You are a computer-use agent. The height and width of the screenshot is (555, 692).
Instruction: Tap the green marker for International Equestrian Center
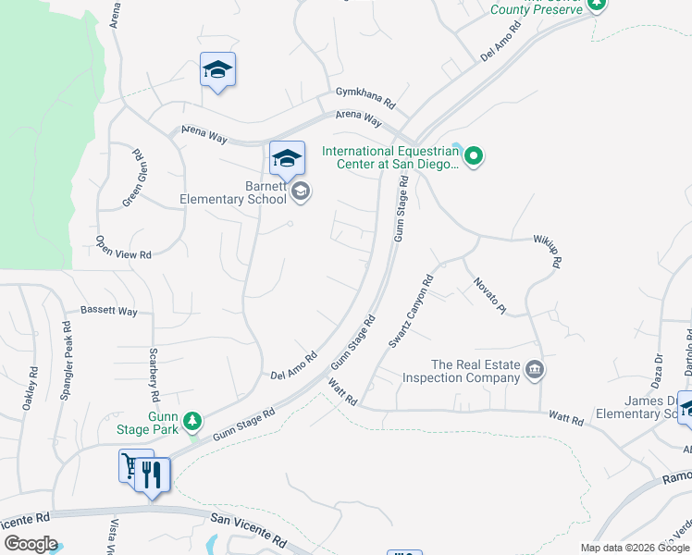tap(474, 155)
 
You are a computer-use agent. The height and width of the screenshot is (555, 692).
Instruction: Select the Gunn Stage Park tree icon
tap(192, 422)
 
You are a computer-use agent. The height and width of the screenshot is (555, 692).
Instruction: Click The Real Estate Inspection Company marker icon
tap(534, 371)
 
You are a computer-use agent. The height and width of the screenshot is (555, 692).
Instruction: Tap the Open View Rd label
tap(123, 245)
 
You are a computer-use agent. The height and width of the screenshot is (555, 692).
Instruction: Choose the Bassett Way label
tap(108, 312)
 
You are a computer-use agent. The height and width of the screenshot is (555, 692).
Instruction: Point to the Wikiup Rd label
tap(547, 251)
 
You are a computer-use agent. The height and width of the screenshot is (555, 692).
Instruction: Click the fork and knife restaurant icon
tap(153, 475)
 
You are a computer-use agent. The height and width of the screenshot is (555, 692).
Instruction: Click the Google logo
tap(31, 544)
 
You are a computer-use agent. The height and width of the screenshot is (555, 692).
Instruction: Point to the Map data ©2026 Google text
tap(635, 548)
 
